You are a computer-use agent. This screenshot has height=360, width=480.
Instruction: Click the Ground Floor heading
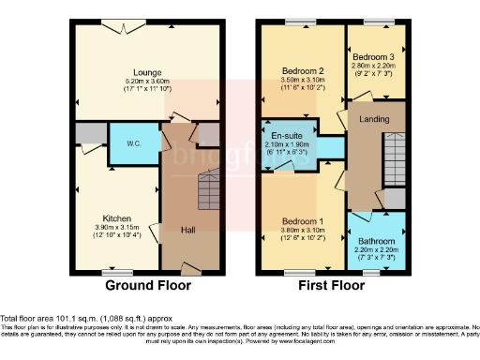pos(147,286)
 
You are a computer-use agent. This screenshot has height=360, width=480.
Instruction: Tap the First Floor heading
pos(332,286)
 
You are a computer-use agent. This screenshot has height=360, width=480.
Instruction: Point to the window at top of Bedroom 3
pos(376,22)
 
